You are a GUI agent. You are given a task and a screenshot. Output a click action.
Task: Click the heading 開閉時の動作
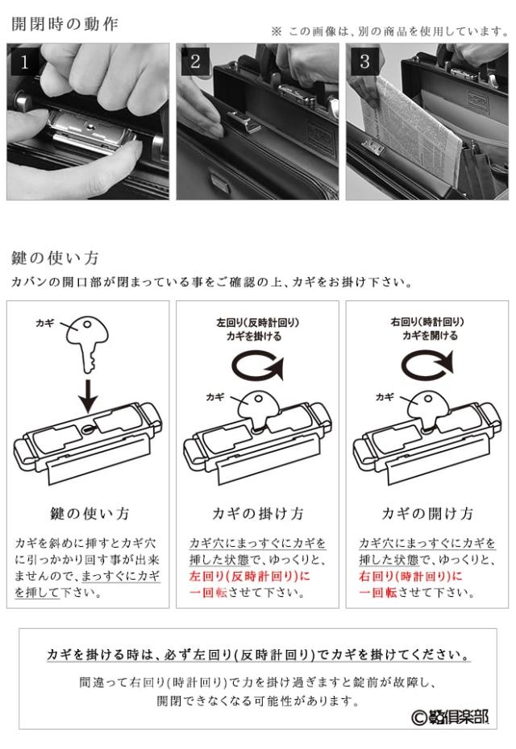tap(64, 23)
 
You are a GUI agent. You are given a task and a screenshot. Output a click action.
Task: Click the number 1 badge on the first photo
tap(23, 62)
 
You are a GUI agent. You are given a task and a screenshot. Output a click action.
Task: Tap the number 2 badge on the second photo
tap(195, 62)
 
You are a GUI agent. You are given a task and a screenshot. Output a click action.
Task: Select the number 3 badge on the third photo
tap(364, 62)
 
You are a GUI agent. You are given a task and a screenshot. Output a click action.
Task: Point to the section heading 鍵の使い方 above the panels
tap(55, 259)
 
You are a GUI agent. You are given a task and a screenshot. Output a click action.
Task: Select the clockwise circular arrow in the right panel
tap(428, 367)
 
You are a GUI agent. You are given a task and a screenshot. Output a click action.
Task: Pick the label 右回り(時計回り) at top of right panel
tap(428, 322)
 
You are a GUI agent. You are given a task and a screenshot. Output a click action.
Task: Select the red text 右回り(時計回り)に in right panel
tap(420, 577)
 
